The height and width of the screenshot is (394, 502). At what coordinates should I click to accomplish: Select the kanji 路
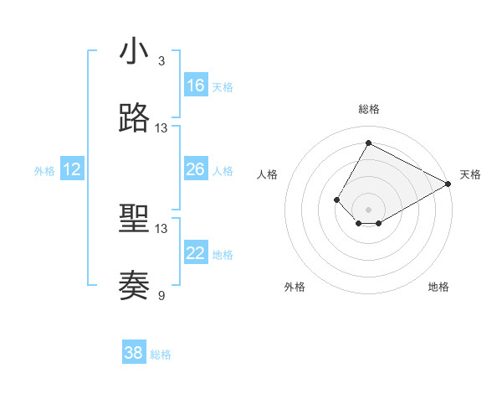(x=134, y=118)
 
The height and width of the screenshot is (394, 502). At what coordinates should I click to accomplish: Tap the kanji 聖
(x=134, y=220)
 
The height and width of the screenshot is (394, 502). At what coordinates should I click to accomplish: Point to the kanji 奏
(x=134, y=286)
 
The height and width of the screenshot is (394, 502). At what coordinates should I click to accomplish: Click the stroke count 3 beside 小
(x=161, y=60)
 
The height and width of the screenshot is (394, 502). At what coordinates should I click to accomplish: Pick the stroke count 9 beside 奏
(x=161, y=295)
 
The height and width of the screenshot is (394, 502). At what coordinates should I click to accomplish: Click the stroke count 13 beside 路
(x=161, y=128)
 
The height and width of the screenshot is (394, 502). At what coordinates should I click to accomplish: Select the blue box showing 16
(x=196, y=85)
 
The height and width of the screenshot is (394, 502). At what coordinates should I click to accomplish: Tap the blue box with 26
(x=196, y=169)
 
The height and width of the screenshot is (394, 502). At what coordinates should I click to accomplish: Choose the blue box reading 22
(x=196, y=253)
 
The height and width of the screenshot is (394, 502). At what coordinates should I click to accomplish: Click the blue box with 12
(x=72, y=169)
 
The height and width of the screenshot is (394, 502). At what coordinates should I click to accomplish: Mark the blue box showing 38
(x=134, y=353)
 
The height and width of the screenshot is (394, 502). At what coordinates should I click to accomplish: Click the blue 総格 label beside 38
(x=161, y=355)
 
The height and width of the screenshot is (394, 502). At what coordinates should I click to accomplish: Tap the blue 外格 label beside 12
(x=44, y=171)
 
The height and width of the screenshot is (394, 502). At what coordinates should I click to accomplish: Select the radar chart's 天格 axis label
(x=470, y=174)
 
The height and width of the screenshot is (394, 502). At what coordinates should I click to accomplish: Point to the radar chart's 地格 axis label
(x=438, y=287)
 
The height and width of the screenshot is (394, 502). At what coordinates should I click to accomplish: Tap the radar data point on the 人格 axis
(x=336, y=200)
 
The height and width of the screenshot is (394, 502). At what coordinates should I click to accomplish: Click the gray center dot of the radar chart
(x=368, y=210)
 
